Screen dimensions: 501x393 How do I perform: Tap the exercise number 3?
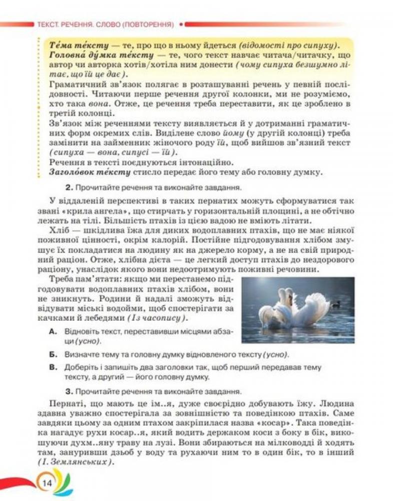pyautogui.click(x=68, y=391)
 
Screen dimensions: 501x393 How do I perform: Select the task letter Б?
pyautogui.click(x=53, y=354)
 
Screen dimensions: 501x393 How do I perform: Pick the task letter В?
pyautogui.click(x=53, y=367)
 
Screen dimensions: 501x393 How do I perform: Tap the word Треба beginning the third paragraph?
pyautogui.click(x=63, y=280)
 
